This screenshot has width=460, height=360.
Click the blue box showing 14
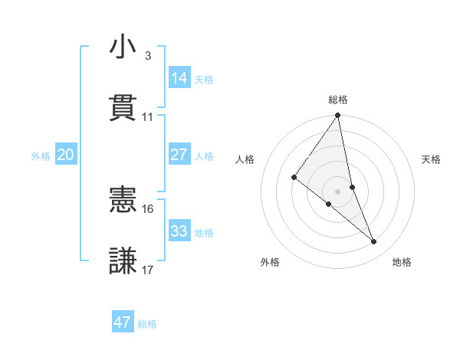pos(179,78)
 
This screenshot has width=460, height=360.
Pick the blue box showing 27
pos(179,155)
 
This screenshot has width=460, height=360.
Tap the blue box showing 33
pos(179,231)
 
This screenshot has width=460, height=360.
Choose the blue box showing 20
pos(65,155)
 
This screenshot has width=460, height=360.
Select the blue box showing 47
pos(123,322)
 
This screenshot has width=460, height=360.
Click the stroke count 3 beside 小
pos(148,56)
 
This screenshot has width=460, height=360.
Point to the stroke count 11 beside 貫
pos(148,117)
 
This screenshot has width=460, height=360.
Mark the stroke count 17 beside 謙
pos(148,270)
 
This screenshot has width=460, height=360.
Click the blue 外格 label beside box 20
pos(41,155)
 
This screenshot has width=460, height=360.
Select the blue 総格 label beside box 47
pos(147,323)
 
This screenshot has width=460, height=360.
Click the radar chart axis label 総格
pos(337,100)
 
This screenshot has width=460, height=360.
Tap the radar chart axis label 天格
pos(432,159)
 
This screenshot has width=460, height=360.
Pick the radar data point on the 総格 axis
pos(337,116)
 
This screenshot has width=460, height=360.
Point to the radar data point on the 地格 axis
pos(374,242)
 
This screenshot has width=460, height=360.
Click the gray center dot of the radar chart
pos(337,191)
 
